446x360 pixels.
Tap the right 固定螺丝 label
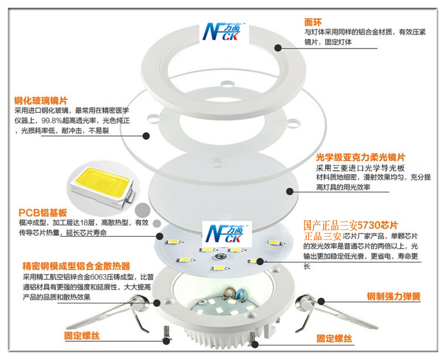tap(334, 338)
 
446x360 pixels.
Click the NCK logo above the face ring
tap(227, 32)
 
